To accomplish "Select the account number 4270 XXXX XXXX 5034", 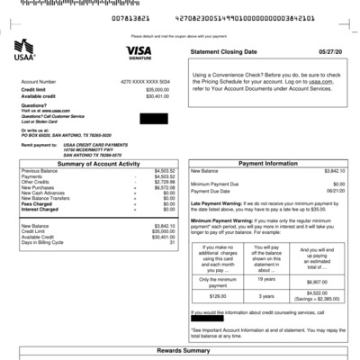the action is pos(143,82).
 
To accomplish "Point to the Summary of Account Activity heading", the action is pos(98,163).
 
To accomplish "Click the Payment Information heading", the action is pos(268,163).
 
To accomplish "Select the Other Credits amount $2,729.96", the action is pos(165,182).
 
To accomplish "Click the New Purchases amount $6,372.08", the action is pos(165,187).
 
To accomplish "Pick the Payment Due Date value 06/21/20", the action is pos(335,191).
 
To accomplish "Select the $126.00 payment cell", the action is pos(217,294).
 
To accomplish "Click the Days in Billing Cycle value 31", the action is pos(172,242).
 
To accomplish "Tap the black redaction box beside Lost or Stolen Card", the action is pos(154,119).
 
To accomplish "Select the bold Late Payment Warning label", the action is pos(215,203).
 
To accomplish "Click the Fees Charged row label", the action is pos(37,203).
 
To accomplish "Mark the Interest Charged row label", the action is pos(40,209).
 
